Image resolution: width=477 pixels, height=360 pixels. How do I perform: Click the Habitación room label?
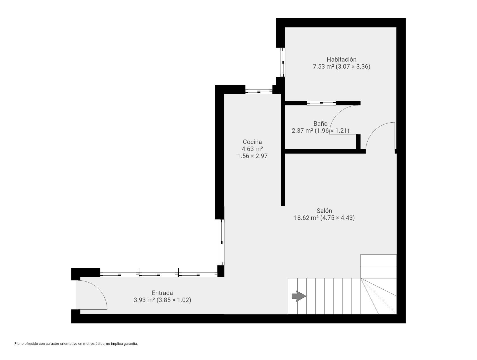point(341,59)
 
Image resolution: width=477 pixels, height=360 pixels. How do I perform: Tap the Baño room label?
point(320,123)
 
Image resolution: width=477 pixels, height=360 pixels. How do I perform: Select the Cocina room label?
point(252,142)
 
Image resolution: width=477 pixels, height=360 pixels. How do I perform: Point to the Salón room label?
point(324,211)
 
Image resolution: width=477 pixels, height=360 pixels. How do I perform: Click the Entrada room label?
point(162,293)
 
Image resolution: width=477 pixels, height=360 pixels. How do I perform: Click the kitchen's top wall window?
point(259,92)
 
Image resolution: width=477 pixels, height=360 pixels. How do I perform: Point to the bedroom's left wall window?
point(283,62)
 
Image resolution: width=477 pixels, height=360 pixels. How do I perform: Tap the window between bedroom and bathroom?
point(321,103)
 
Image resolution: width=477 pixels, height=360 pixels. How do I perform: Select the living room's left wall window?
point(222,242)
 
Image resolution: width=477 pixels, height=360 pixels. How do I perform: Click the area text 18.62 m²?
point(306,218)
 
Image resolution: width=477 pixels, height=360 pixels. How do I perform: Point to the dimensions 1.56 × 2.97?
point(252,156)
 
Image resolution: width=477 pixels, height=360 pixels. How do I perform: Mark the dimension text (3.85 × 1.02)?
point(174,300)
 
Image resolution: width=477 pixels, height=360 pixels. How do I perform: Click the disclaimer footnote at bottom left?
point(76,343)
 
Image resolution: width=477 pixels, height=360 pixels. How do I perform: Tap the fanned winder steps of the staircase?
point(379,296)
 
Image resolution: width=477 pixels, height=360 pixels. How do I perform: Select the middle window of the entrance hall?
point(159,274)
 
